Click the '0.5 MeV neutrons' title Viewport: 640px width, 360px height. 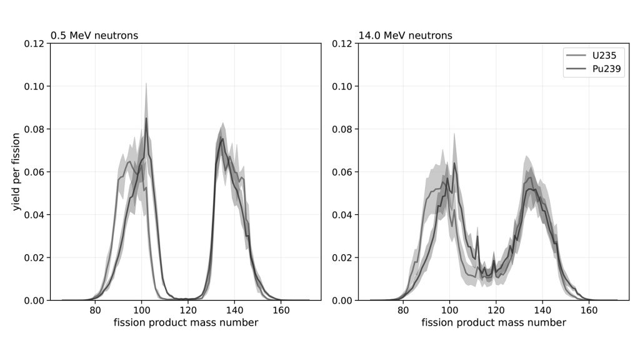[94, 36]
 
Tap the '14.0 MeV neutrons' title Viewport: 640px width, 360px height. [405, 36]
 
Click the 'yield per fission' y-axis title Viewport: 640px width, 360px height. [17, 172]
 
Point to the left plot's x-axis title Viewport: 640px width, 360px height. [186, 322]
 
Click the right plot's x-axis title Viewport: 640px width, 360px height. [493, 322]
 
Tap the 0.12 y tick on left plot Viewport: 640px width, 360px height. [35, 44]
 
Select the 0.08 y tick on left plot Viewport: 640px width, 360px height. [35, 129]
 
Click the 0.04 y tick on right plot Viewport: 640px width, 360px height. [343, 215]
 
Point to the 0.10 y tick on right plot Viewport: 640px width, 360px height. [343, 86]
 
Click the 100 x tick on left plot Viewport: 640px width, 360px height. [141, 309]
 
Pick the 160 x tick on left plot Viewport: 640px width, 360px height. [281, 309]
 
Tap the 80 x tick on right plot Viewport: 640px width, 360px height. [403, 309]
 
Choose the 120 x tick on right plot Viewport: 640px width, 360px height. [496, 309]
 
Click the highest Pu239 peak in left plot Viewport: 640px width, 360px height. [146, 118]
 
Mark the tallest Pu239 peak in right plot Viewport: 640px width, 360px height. [454, 163]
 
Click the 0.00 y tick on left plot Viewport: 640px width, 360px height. [35, 301]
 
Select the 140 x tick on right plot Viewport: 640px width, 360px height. [542, 309]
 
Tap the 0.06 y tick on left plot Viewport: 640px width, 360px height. [35, 172]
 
